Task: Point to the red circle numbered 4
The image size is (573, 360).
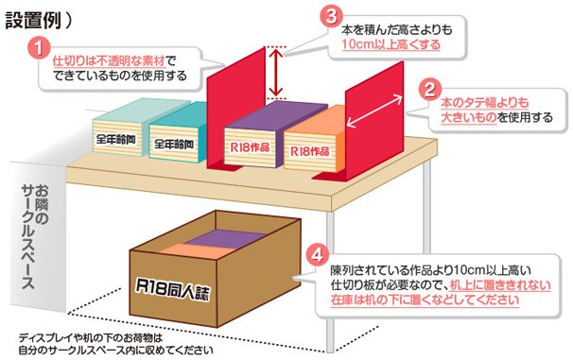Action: coord(319,256)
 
